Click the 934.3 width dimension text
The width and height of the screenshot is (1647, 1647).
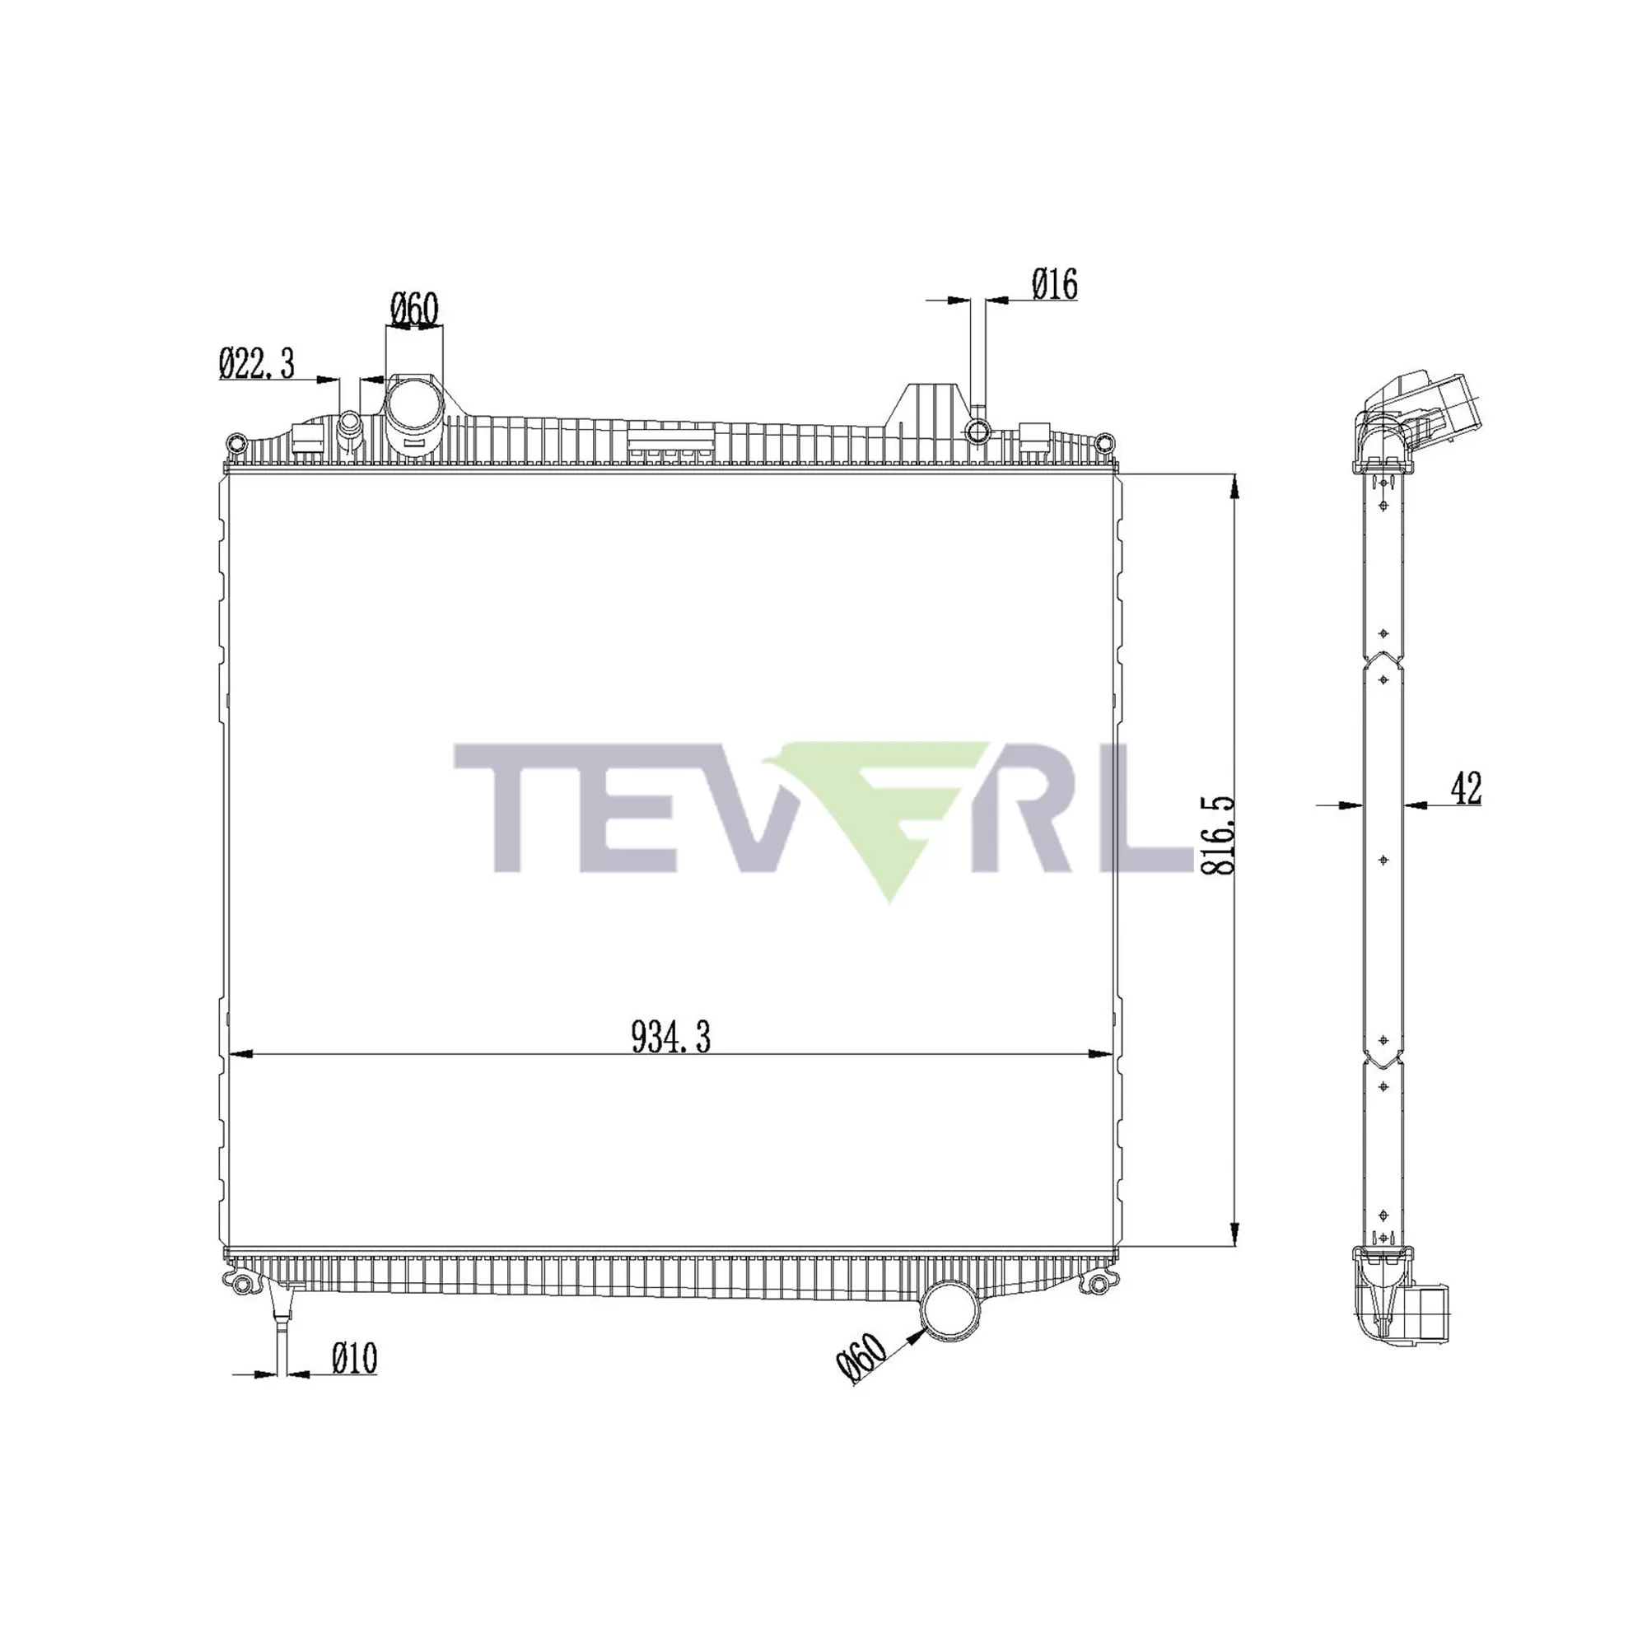(671, 1038)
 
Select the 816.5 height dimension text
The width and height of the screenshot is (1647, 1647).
(1218, 835)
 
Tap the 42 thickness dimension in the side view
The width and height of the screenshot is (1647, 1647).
(1467, 788)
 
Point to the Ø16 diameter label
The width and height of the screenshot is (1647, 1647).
(1055, 284)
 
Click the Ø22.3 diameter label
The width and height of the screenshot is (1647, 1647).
(257, 364)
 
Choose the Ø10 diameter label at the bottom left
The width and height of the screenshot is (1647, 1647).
(354, 1359)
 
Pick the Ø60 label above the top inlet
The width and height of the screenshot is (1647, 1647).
(414, 310)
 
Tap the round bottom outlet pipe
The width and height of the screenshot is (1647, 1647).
(954, 1310)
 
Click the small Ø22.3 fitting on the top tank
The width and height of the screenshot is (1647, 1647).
(350, 423)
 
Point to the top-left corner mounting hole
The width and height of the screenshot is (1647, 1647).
(236, 442)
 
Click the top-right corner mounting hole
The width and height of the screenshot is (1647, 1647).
(1104, 442)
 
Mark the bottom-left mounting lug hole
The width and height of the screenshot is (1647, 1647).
(242, 1285)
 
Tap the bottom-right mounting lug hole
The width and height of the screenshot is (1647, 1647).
(1099, 1285)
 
